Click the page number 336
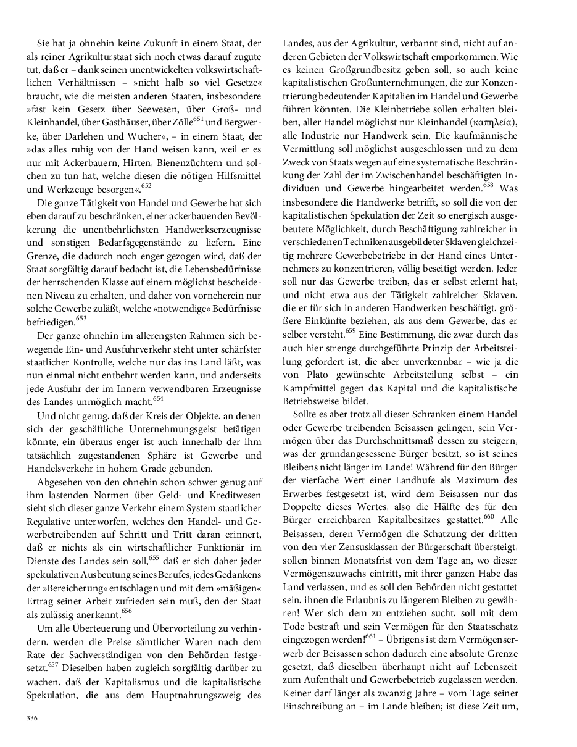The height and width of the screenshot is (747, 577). [x=31, y=717]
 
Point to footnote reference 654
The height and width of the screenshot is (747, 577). [x=158, y=398]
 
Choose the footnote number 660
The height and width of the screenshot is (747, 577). [x=489, y=516]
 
